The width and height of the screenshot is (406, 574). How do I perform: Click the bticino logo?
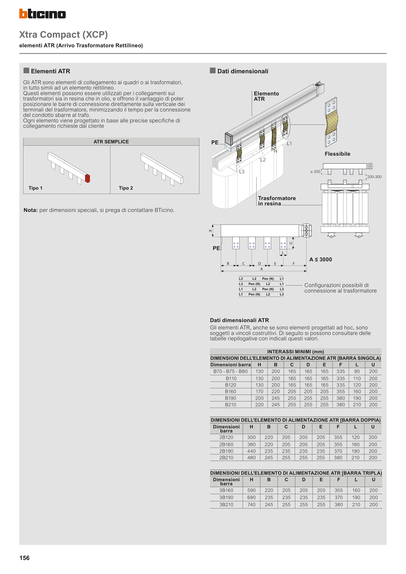43,14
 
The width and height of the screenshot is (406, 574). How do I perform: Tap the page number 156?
25,558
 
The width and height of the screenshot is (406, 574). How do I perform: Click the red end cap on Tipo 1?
87,178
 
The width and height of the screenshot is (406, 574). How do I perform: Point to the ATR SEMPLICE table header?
111,142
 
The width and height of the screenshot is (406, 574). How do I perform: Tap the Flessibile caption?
337,154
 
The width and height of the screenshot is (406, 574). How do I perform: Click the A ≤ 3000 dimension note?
320,260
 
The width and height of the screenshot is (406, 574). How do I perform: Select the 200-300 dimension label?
374,177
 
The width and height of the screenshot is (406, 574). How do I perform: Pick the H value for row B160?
259,391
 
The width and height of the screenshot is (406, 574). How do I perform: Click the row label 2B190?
226,451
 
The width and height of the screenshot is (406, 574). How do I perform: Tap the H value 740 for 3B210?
251,504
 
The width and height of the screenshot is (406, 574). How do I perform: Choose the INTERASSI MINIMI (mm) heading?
295,352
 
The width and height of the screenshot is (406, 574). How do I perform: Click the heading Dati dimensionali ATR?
239,320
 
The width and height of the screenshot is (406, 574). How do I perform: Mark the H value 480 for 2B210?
251,457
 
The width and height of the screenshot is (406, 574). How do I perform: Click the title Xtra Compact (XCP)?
64,34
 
